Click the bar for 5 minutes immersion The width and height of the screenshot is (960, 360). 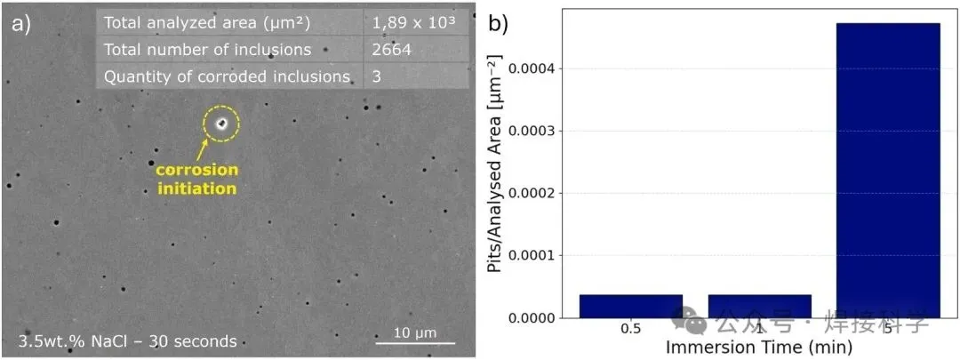click(x=888, y=169)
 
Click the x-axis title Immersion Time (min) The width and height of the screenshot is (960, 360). click(x=759, y=347)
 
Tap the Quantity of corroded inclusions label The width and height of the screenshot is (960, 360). click(x=227, y=76)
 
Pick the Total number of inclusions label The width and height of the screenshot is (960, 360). click(x=207, y=50)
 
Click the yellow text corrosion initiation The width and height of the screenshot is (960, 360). click(x=197, y=179)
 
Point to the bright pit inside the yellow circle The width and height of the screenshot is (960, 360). click(x=220, y=124)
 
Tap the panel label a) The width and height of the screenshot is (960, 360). click(x=20, y=24)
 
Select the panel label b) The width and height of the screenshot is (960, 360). click(x=499, y=24)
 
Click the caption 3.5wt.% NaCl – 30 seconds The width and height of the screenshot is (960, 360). click(x=127, y=341)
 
